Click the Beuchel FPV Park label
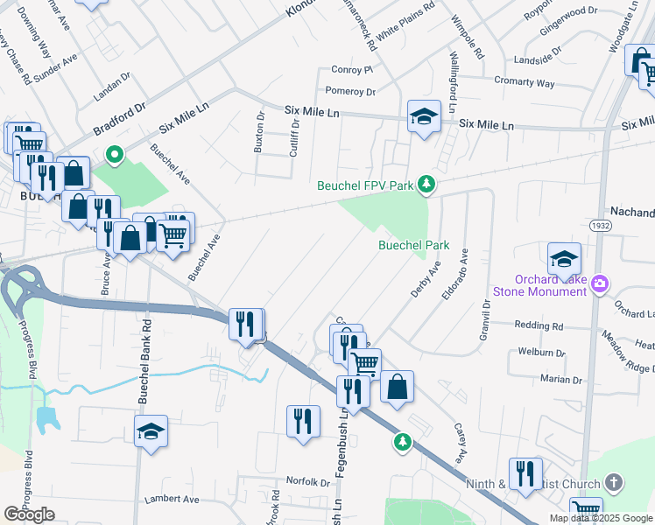(366, 185)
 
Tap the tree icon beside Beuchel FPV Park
(426, 184)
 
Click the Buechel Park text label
(413, 246)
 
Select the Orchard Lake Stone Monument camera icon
(600, 283)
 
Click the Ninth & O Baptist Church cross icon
(614, 483)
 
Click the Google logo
(29, 514)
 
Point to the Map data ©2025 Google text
(600, 518)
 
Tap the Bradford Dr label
(119, 123)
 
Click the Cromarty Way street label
(524, 83)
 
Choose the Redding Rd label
(539, 325)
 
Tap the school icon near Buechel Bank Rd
(151, 431)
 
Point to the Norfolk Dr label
(307, 482)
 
